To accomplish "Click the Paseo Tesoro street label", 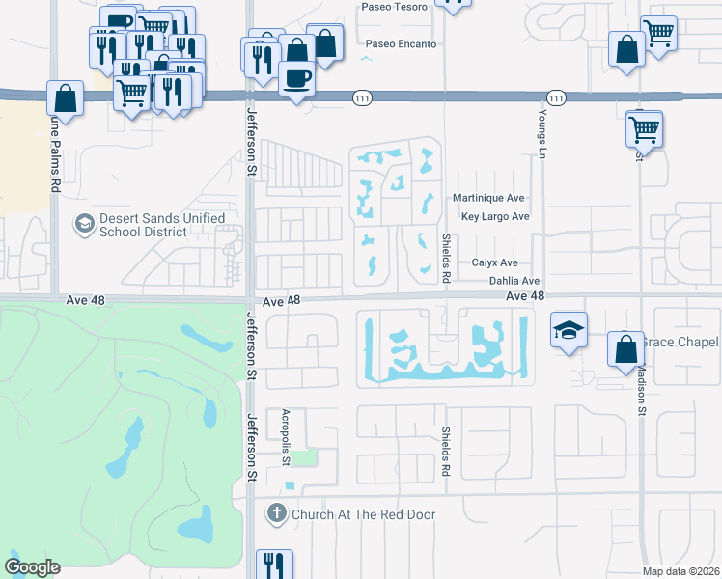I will (x=394, y=6).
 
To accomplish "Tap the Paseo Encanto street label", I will (x=401, y=44).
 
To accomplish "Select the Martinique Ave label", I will (x=488, y=198).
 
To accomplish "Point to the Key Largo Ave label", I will (x=495, y=217).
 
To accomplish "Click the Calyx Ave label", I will (x=495, y=262).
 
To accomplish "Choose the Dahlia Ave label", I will (x=514, y=280).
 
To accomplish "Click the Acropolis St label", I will (x=286, y=438).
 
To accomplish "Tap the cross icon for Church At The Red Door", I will (x=278, y=514).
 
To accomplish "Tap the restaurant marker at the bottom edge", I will (x=274, y=564).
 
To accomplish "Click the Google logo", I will (x=33, y=567).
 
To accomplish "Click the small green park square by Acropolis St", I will (x=304, y=456).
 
